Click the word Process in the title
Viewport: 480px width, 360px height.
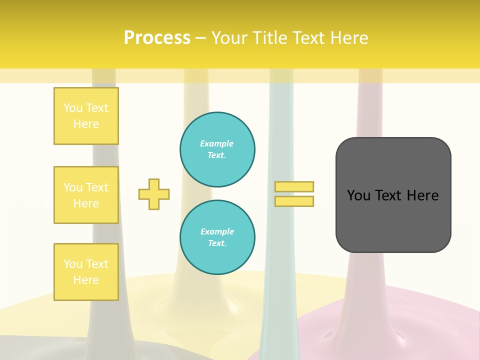pyautogui.click(x=157, y=38)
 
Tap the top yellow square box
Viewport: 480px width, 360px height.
pyautogui.click(x=86, y=116)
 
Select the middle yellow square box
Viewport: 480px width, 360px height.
pyautogui.click(x=86, y=195)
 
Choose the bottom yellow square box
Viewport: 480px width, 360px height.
pyautogui.click(x=86, y=272)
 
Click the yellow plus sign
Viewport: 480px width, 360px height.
pyautogui.click(x=154, y=194)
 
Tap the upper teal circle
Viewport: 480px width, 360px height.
pyautogui.click(x=217, y=149)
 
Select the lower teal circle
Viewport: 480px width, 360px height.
pyautogui.click(x=217, y=237)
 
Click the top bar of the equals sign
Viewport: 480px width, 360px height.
pyautogui.click(x=294, y=186)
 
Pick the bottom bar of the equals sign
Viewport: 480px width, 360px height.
pyautogui.click(x=294, y=201)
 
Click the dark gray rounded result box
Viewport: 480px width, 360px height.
pyautogui.click(x=393, y=220)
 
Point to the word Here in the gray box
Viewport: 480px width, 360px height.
pyautogui.click(x=422, y=195)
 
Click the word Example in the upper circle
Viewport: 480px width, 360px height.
pyautogui.click(x=217, y=143)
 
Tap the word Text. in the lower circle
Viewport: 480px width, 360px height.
pyautogui.click(x=217, y=243)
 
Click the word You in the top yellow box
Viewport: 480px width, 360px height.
pyautogui.click(x=73, y=108)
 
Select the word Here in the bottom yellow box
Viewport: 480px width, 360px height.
pyautogui.click(x=86, y=280)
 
